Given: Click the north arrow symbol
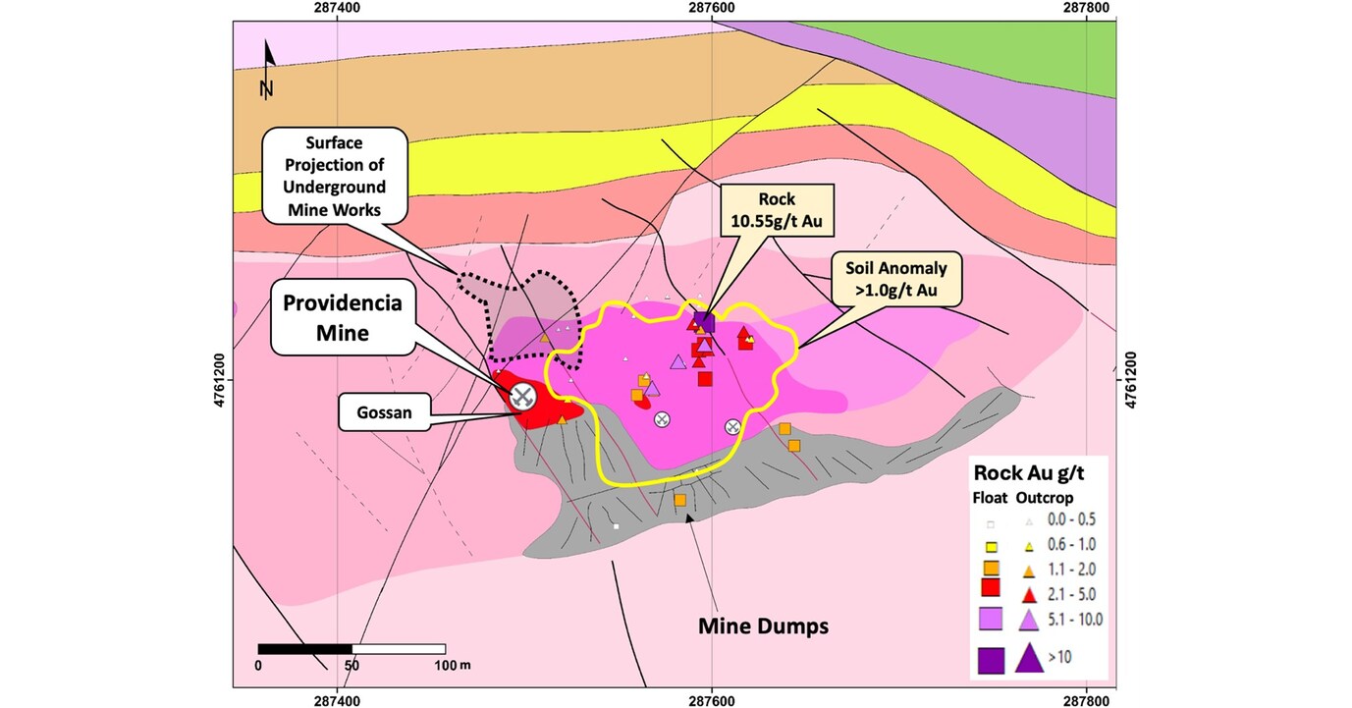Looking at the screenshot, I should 268,70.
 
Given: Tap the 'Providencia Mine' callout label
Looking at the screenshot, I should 329,317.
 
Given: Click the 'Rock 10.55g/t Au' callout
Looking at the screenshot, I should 776,211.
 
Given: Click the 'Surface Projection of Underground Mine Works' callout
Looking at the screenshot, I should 334,177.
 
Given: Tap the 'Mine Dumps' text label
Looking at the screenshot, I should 762,626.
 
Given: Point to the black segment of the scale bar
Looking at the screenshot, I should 304,648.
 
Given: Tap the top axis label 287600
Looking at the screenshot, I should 710,8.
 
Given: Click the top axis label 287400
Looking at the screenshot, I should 337,8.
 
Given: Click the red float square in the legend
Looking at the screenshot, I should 991,589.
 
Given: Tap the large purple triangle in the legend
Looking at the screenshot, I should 1029,657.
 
